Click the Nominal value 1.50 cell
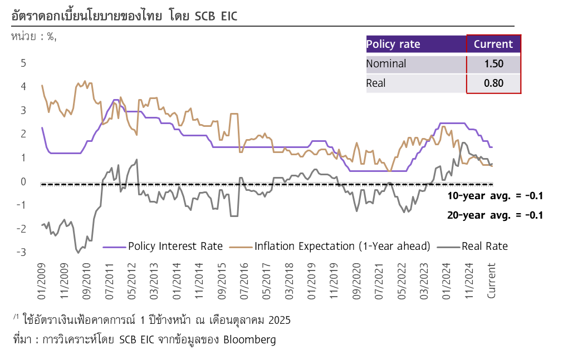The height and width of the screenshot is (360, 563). coord(493,64)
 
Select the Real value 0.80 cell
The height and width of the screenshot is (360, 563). coord(493,83)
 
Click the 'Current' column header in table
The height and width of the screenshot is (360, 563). coord(493,44)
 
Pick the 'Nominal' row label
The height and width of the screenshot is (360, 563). coord(386,64)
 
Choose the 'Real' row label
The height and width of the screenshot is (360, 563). coord(376,83)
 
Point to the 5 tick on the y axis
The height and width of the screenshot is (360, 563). coord(23,63)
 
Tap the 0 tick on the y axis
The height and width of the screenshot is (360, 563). coord(23,181)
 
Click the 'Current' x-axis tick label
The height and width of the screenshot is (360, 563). coord(492,280)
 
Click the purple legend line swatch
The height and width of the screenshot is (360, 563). coord(114,247)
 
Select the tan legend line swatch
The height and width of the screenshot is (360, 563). coord(241,247)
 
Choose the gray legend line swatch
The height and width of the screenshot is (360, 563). coord(448,247)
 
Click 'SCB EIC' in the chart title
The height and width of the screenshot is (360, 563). coord(216,17)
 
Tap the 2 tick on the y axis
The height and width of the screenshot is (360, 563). coord(23,134)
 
